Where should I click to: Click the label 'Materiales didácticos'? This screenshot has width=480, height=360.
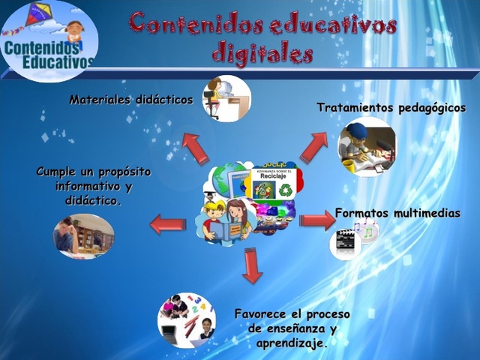click(131, 100)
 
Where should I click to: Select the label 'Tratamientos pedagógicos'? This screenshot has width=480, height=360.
click(391, 108)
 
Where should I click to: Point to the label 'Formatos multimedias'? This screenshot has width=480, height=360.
click(397, 214)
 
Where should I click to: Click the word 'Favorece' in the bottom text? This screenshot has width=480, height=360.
click(265, 313)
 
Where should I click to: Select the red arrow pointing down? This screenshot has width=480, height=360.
click(253, 265)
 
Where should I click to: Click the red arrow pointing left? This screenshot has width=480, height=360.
click(168, 223)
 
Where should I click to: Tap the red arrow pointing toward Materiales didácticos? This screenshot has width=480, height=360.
click(196, 148)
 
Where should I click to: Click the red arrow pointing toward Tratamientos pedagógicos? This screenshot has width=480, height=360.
click(313, 145)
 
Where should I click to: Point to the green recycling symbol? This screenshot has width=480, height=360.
click(286, 190)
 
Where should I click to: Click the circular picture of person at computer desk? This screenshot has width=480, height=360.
click(226, 97)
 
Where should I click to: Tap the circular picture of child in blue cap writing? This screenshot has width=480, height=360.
click(366, 146)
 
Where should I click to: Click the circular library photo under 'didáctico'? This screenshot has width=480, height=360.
click(83, 235)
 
